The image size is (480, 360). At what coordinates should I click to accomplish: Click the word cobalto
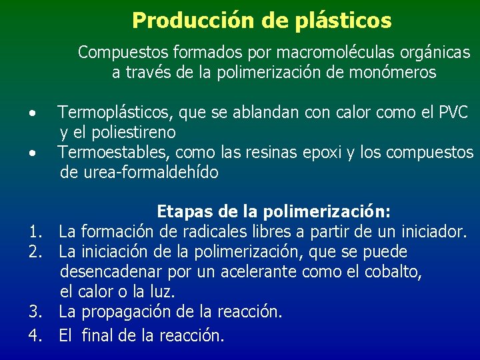(394, 272)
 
